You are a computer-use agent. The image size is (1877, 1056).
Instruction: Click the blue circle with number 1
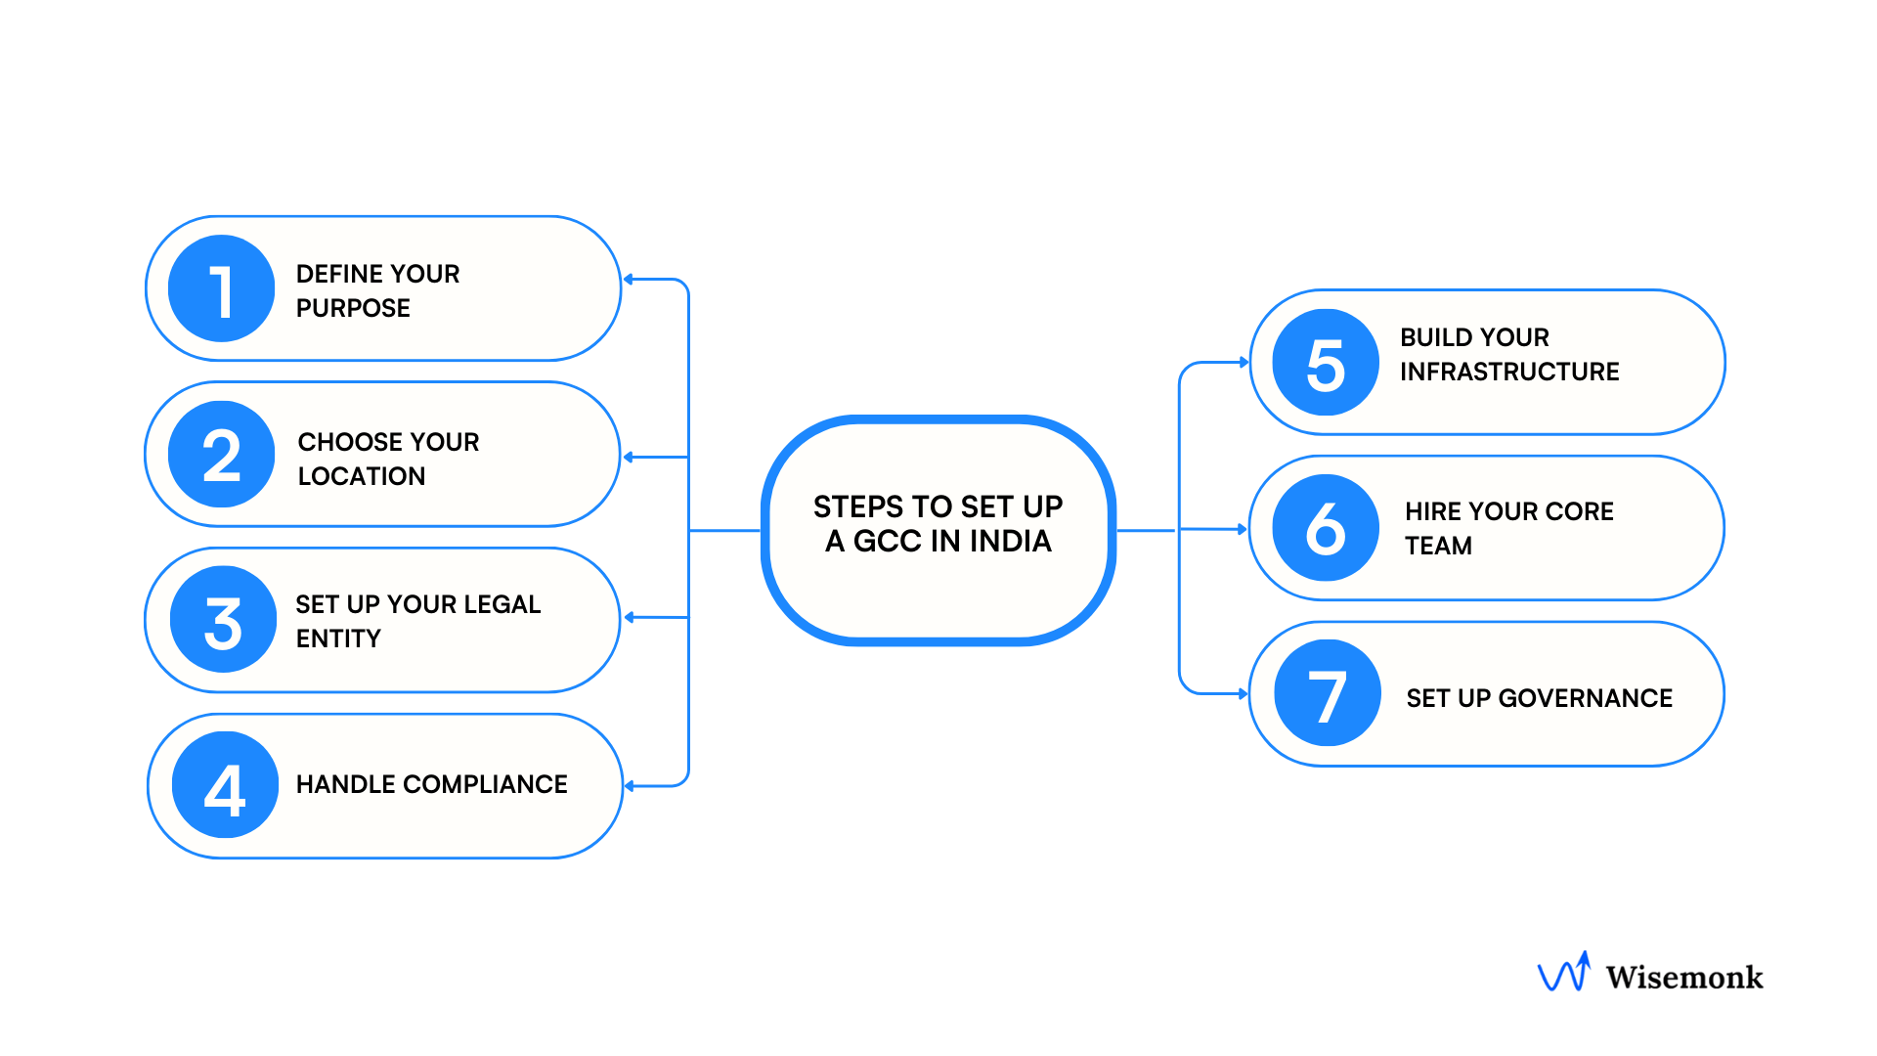(x=222, y=288)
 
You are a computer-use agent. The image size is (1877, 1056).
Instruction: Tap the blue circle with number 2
(x=222, y=455)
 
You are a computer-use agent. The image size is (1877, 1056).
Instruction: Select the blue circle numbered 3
(x=223, y=620)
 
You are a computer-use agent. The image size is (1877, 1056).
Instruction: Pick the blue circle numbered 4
(x=225, y=785)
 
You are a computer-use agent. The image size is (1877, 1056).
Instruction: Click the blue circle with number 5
(x=1326, y=363)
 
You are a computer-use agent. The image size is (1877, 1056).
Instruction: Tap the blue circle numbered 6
(x=1326, y=528)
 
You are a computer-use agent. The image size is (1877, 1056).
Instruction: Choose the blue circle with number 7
(x=1328, y=693)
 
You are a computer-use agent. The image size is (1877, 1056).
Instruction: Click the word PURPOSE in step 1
(x=353, y=308)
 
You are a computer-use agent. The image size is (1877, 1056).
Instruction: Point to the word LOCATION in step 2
(x=361, y=476)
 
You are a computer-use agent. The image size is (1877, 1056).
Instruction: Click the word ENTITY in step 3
(x=338, y=638)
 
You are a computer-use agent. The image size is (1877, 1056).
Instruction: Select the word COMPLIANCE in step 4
(x=485, y=784)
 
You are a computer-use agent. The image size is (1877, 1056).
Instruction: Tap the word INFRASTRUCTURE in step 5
(x=1509, y=372)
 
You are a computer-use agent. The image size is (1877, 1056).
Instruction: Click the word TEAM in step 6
(x=1438, y=546)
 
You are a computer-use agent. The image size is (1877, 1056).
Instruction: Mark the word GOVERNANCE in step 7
(x=1585, y=698)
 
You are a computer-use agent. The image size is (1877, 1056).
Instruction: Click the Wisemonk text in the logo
(x=1683, y=977)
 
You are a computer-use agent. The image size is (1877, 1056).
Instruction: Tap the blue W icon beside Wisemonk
(x=1563, y=973)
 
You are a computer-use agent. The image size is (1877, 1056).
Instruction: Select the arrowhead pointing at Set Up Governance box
(x=1244, y=694)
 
